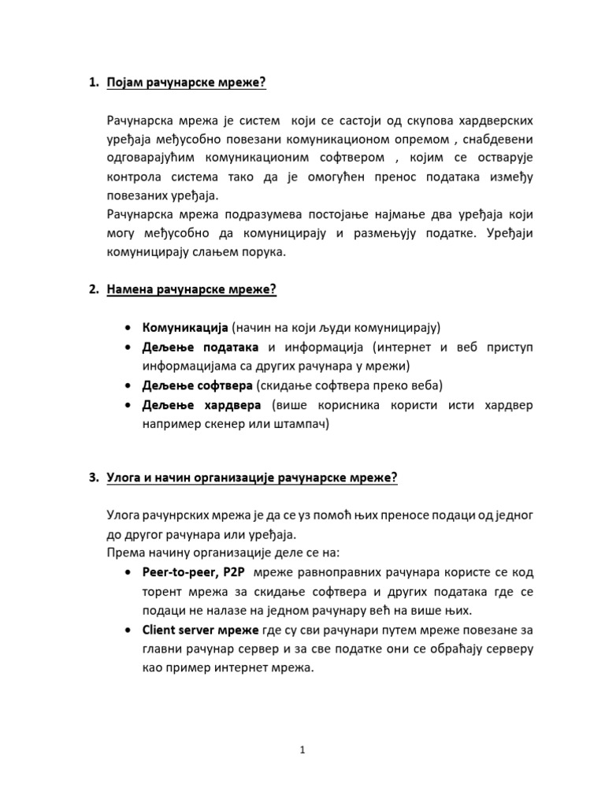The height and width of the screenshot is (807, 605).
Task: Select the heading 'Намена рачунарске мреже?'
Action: tap(191, 289)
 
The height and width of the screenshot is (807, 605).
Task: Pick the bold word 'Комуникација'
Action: tap(185, 327)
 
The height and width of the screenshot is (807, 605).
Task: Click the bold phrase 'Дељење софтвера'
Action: tap(198, 385)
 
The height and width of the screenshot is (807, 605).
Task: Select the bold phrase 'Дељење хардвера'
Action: tap(202, 405)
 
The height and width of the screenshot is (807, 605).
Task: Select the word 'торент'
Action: tap(165, 589)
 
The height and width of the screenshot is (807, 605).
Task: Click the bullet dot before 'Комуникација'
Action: tap(128, 328)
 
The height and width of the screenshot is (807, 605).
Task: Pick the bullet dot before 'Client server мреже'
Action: tap(128, 630)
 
